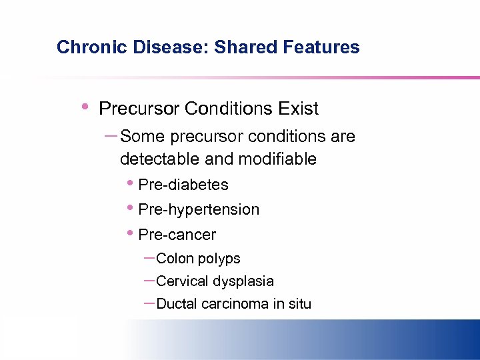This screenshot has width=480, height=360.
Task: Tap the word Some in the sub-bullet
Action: pyautogui.click(x=143, y=137)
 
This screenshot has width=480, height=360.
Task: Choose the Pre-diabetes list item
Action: pyautogui.click(x=183, y=185)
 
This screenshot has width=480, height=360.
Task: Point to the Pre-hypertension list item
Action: pyautogui.click(x=198, y=209)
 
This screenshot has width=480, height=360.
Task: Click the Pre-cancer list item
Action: pyautogui.click(x=177, y=235)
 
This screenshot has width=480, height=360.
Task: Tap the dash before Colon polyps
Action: pyautogui.click(x=149, y=258)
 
